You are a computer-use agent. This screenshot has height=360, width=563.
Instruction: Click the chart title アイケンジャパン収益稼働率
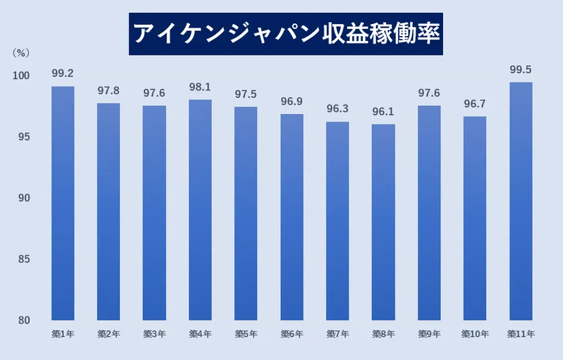click(286, 34)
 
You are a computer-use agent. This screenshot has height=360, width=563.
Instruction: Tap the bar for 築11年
click(521, 201)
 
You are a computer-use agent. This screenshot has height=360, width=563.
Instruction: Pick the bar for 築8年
click(383, 222)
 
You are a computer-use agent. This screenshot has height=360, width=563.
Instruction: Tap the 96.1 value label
click(383, 111)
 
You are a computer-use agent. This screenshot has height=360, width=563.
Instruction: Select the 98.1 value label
click(200, 86)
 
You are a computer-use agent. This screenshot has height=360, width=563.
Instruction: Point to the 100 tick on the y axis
click(21, 76)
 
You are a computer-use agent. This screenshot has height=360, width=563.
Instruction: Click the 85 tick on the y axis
click(24, 259)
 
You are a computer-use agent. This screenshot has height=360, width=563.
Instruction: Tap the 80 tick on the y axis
click(24, 320)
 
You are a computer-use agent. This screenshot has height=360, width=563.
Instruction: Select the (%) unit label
click(21, 52)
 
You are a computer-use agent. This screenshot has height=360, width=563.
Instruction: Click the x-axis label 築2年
click(108, 333)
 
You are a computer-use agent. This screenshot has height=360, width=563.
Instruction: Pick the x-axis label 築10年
click(475, 333)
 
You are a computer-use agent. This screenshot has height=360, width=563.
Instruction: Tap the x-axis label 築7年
click(337, 333)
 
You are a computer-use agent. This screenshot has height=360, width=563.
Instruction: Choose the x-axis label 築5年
click(245, 333)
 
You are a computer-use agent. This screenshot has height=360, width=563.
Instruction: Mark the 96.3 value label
click(337, 108)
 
